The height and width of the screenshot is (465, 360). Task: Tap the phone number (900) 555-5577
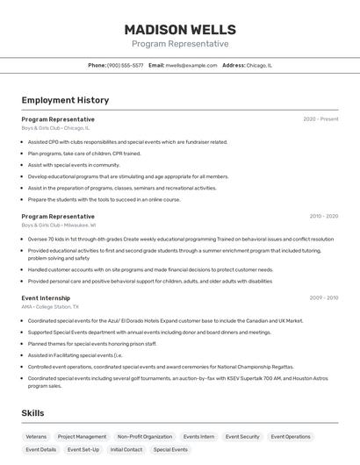point(125,65)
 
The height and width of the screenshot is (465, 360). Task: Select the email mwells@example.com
point(191,65)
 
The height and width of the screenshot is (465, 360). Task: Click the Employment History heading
point(65,100)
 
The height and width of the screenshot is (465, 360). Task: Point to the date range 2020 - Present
point(320,119)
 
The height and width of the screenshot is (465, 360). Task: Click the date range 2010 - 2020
point(323,216)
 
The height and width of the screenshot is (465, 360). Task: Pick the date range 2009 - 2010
point(323,298)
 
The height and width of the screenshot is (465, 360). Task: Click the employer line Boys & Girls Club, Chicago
point(55,128)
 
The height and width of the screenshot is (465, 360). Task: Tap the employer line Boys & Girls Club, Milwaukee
point(59,225)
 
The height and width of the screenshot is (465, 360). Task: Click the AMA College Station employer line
point(50,307)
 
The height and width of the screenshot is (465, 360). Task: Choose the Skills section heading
point(33,412)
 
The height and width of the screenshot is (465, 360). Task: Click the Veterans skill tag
point(36,436)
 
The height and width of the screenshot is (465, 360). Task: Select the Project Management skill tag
point(82,436)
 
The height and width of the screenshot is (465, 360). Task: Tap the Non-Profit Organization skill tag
point(145,436)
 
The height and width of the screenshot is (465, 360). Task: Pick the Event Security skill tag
point(242,436)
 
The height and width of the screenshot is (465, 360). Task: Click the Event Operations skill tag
point(291,436)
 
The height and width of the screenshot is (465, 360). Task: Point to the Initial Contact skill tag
point(126,449)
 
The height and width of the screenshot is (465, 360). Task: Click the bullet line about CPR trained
point(84,154)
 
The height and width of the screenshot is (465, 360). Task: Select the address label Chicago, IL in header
point(259,65)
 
